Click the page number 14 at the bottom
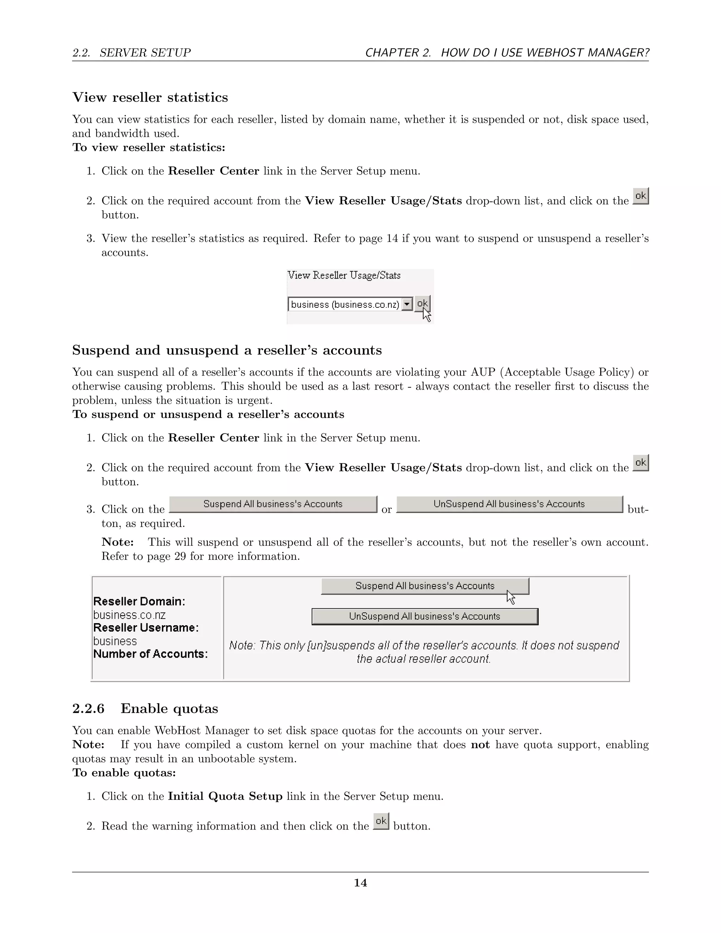pos(360,883)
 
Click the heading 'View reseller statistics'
pos(150,98)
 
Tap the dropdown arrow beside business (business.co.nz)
pos(407,304)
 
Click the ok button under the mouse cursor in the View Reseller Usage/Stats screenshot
pos(422,303)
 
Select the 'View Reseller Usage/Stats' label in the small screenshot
pos(344,276)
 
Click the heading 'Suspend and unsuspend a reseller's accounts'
pos(227,350)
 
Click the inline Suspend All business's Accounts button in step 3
pos(273,504)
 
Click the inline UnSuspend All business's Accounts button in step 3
pos(509,504)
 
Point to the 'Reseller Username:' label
pos(146,627)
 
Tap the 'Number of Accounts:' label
pos(150,654)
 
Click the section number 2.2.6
pos(88,709)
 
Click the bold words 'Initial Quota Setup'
pos(225,796)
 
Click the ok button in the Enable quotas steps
pos(381,821)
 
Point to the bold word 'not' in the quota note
pos(480,745)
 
